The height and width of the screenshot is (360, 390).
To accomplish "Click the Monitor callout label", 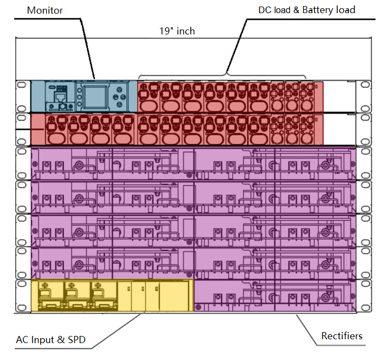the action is coord(45,10).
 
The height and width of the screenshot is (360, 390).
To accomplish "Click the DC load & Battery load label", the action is coord(306,10).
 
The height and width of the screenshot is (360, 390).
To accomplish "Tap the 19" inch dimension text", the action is coord(177,31).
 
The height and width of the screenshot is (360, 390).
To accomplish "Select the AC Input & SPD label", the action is coord(51,340).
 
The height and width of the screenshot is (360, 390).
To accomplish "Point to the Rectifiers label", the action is coord(342,336).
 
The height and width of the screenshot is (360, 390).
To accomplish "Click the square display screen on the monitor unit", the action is coord(94,97).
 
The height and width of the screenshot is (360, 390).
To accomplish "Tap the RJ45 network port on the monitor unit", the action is coord(60,97).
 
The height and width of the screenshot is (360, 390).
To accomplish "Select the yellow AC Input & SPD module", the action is coord(112,296).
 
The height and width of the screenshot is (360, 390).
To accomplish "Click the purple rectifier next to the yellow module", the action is coord(275,296).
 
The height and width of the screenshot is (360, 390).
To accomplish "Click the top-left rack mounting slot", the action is coord(22,85).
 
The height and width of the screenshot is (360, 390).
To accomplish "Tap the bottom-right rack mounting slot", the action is coord(365,308).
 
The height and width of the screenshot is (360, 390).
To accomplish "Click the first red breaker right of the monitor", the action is coord(148,97).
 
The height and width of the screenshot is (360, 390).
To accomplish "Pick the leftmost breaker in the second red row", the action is coord(56,129).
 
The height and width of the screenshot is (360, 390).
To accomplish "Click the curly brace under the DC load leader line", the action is coord(222,75).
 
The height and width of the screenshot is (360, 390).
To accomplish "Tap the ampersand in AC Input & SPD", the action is coord(61,340).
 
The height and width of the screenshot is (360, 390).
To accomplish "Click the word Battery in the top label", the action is coord(318,10).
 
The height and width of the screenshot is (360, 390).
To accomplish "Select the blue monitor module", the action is coord(84,96).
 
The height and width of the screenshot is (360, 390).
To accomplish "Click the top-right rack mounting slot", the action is coord(365,85).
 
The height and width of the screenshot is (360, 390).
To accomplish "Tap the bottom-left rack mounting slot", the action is coord(22,308).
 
